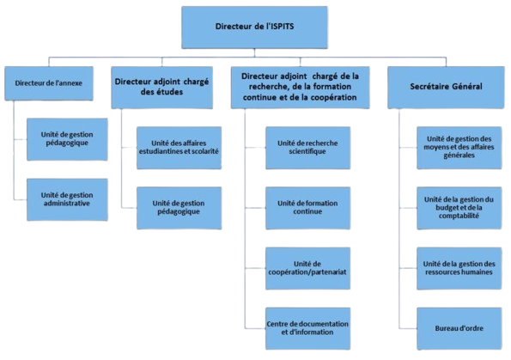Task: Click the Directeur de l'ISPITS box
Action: click(254, 27)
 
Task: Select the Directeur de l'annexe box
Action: click(49, 83)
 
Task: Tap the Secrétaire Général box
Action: click(446, 87)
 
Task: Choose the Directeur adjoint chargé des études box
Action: click(162, 87)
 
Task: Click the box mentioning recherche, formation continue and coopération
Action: click(300, 87)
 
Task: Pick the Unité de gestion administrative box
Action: click(67, 199)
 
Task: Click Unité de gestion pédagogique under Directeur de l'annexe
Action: click(67, 139)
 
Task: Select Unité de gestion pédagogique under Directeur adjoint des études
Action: click(179, 208)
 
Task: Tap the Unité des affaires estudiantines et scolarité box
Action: click(179, 148)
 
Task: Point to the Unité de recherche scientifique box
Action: click(308, 148)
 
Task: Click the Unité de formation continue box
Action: click(308, 208)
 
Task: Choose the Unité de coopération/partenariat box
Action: click(308, 268)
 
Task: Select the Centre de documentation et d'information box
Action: click(308, 328)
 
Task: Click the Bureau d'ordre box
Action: click(459, 328)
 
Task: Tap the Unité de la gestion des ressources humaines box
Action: click(459, 268)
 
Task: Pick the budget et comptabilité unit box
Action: click(459, 208)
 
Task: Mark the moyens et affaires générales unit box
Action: click(459, 148)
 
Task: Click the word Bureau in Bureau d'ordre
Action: click(445, 328)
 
